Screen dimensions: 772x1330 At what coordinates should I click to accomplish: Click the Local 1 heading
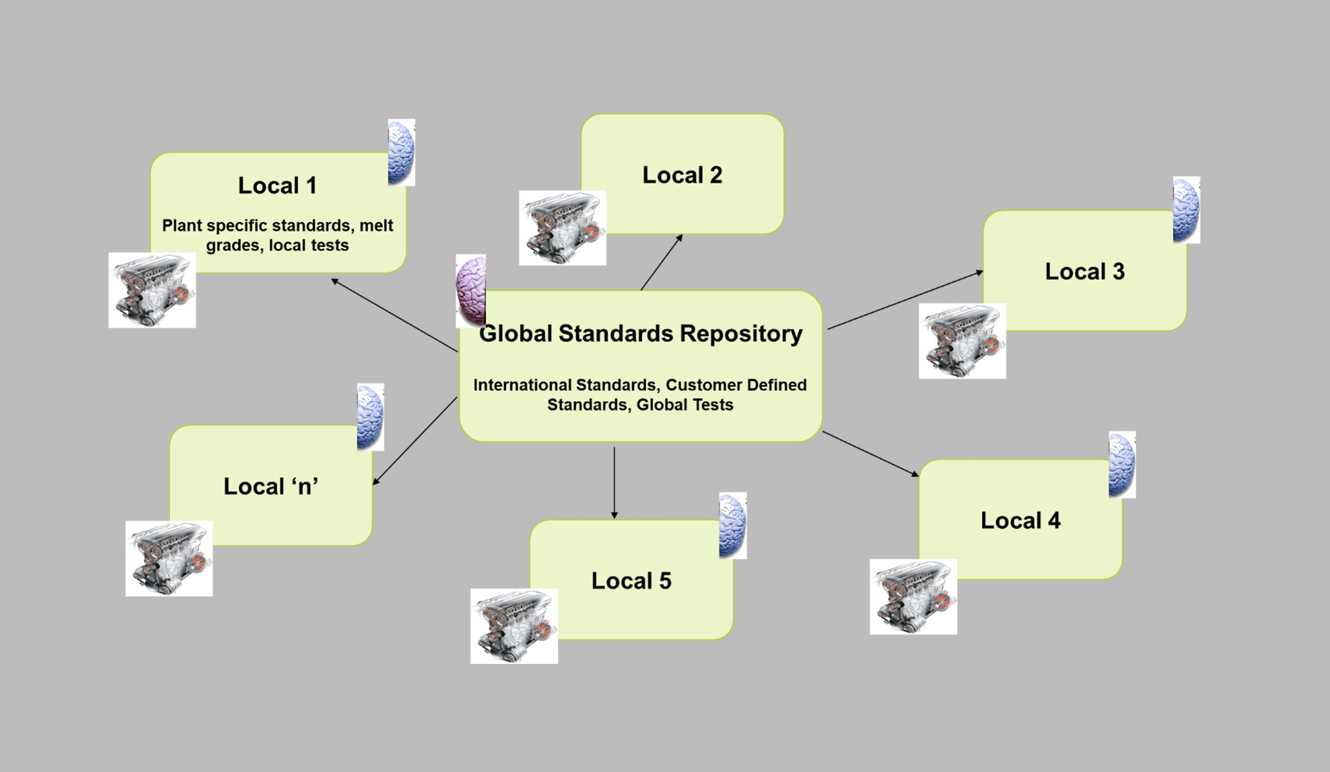coord(277,186)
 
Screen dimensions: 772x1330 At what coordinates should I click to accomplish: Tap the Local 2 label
coord(682,175)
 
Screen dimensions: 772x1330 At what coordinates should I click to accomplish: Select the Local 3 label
coord(1085,272)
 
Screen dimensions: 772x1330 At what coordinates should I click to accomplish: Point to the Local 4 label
coord(1020,521)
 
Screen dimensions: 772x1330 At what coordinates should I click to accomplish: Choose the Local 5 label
coord(631,581)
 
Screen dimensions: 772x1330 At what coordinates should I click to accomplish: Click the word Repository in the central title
coord(741,334)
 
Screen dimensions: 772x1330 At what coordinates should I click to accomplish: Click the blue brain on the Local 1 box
coord(401,153)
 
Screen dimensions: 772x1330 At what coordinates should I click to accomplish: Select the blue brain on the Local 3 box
coord(1186,210)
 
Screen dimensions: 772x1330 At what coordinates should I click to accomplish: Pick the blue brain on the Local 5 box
coord(732,526)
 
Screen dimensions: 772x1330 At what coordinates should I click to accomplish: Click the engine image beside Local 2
coord(563,228)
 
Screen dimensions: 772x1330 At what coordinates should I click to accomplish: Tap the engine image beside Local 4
coord(913,597)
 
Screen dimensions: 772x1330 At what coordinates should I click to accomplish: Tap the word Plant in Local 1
coord(182,226)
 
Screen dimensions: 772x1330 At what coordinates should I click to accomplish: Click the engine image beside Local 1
coord(152,290)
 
